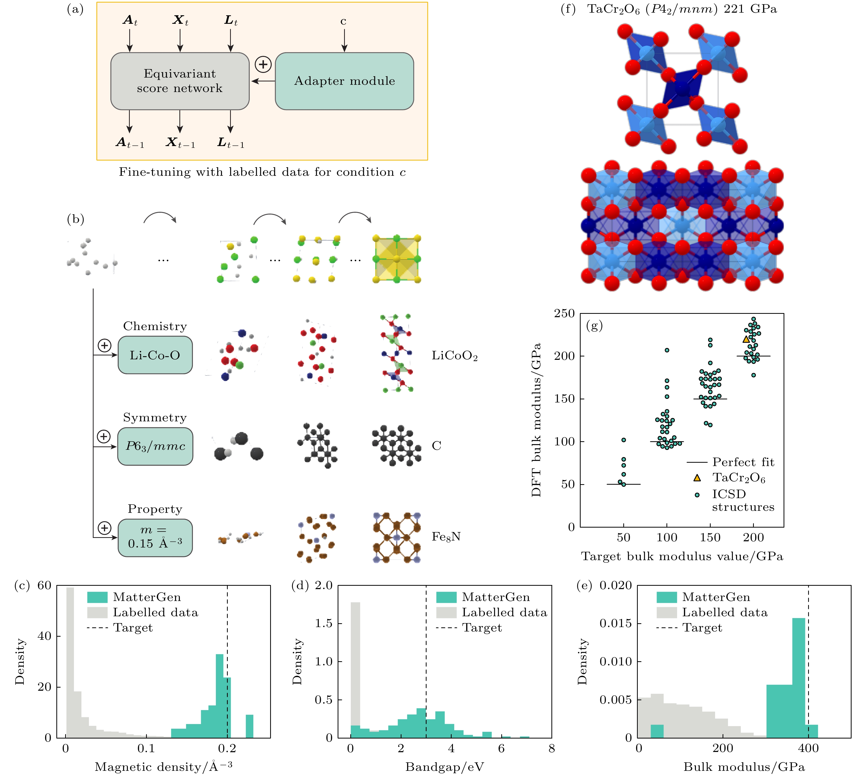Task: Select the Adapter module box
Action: pyautogui.click(x=344, y=81)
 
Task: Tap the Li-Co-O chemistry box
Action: pyautogui.click(x=155, y=355)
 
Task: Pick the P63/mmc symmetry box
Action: pyautogui.click(x=155, y=446)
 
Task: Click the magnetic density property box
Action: pyautogui.click(x=155, y=537)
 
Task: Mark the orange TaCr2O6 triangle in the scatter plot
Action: pyautogui.click(x=746, y=339)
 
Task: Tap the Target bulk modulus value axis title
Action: pyautogui.click(x=682, y=557)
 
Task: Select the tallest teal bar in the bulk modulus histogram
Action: pyautogui.click(x=799, y=678)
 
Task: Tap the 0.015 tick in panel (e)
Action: pyautogui.click(x=616, y=623)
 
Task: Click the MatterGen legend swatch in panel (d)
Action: pyautogui.click(x=446, y=597)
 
